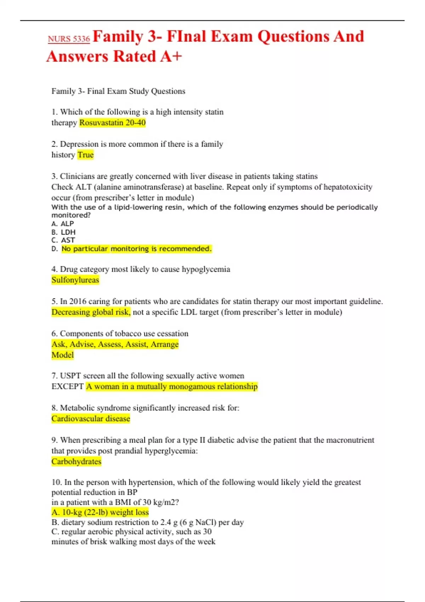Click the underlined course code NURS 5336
point(69,39)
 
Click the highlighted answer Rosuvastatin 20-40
point(112,123)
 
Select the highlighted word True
point(85,155)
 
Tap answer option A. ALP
point(63,224)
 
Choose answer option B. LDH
point(63,232)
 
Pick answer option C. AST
point(63,240)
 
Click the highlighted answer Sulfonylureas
point(75,280)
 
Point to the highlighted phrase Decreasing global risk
point(91,312)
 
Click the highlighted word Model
point(62,355)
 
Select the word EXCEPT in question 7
point(67,386)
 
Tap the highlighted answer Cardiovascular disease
point(91,419)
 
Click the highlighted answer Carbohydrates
point(76,462)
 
